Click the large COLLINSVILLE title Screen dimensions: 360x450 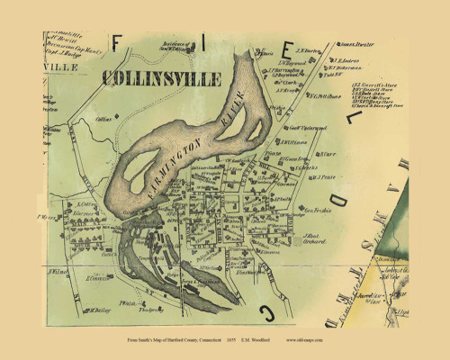(x=162, y=78)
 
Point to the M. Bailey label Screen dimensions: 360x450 (x=99, y=309)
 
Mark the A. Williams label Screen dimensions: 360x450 (x=294, y=141)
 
